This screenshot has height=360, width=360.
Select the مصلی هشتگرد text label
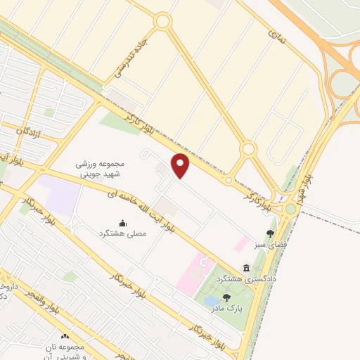tap(124, 233)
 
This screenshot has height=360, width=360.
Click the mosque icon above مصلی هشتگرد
tap(124, 222)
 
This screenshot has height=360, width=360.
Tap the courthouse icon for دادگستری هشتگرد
tap(246, 268)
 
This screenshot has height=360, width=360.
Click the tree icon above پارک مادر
tap(226, 298)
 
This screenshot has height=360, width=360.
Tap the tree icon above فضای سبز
tap(270, 233)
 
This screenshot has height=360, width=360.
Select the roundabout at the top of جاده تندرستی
tap(163, 21)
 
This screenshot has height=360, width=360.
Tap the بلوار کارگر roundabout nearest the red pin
tap(247, 149)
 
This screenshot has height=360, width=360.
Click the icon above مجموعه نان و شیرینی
tap(67, 337)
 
